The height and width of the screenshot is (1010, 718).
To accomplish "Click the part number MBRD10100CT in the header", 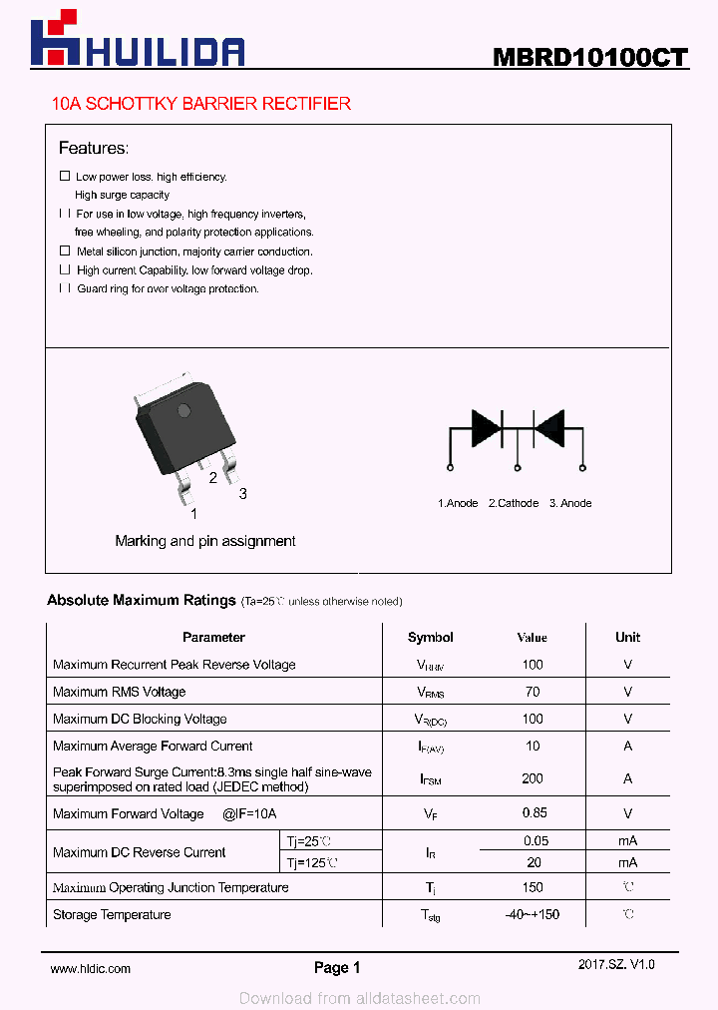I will tap(589, 57).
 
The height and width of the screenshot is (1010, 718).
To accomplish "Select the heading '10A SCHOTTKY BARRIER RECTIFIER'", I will tap(200, 104).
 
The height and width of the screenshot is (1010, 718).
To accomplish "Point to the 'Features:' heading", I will tap(93, 149).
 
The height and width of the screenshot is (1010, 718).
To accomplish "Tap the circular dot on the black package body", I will tap(183, 410).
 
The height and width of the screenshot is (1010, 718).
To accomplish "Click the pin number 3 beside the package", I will tap(242, 494).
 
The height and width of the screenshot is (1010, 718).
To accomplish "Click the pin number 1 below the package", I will tap(193, 514).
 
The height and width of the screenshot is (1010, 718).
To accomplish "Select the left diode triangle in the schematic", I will tap(486, 427).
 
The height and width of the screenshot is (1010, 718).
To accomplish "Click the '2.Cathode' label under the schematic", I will tap(514, 503).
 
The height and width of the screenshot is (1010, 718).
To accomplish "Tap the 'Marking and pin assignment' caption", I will tap(205, 541).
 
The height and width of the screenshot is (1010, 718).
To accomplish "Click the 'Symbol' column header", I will tap(431, 637).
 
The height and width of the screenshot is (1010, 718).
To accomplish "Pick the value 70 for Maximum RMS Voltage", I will tap(533, 692).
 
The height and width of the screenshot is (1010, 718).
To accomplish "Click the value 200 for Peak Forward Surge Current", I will tap(533, 778).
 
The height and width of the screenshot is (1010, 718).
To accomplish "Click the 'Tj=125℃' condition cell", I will tap(312, 863).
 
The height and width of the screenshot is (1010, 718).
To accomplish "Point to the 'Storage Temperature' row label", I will tap(112, 914).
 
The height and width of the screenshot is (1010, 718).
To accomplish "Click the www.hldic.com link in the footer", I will tap(90, 968).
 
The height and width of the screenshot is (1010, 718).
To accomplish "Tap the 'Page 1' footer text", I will tap(337, 967).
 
